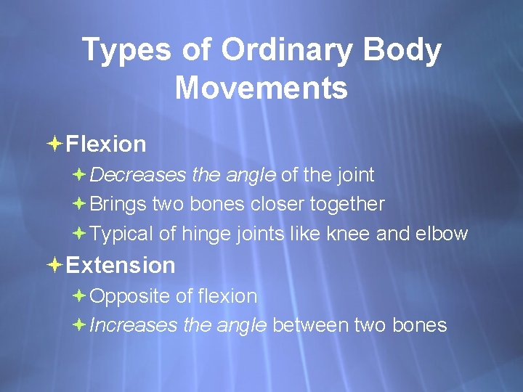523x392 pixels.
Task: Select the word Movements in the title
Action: point(261,89)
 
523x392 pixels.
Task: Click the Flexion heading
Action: point(106,144)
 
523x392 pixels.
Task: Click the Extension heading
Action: point(121,265)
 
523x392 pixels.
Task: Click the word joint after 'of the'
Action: point(355,175)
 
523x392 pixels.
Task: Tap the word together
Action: point(347,205)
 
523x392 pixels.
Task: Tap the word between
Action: point(311,325)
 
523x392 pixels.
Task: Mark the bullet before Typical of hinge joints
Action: point(79,234)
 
